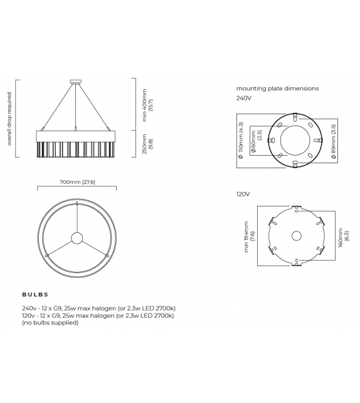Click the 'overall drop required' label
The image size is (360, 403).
(9, 119)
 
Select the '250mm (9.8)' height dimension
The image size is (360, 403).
(147, 146)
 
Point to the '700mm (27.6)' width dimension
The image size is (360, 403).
(77, 182)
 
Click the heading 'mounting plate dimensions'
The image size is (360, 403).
(277, 89)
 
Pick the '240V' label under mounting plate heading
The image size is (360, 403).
(243, 98)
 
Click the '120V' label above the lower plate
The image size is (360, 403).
(243, 195)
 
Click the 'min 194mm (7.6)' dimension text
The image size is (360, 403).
(249, 236)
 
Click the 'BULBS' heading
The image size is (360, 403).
(35, 294)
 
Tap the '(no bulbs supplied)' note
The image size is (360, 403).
(50, 323)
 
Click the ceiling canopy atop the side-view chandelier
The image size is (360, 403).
(77, 80)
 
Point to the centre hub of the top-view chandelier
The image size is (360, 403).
(77, 238)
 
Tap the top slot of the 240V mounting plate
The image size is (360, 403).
(295, 116)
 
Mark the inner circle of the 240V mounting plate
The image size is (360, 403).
(295, 140)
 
